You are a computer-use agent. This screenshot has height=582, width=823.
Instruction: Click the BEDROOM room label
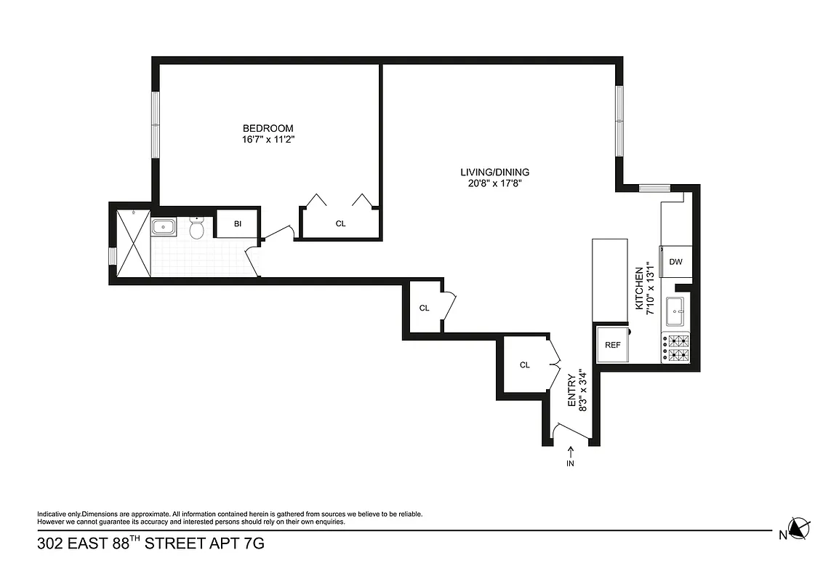tap(268, 129)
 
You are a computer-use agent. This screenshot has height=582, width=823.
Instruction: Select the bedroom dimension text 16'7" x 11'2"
tap(268, 140)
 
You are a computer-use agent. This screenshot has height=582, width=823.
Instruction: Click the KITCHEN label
tap(640, 288)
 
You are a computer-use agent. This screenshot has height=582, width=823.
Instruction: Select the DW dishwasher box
tap(675, 262)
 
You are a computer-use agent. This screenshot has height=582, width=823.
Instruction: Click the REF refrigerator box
tap(613, 345)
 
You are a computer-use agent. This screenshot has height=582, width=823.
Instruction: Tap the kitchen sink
tap(676, 311)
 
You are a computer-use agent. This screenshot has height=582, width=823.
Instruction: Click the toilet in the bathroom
tap(196, 229)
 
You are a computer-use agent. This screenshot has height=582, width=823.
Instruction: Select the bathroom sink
tap(165, 227)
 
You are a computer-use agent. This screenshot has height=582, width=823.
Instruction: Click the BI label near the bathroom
tap(237, 224)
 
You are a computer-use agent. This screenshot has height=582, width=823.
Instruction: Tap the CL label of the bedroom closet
tap(340, 224)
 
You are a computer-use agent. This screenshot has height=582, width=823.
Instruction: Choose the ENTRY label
tap(572, 391)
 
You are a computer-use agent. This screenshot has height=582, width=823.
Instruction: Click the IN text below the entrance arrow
tap(570, 463)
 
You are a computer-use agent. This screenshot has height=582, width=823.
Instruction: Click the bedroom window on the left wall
tap(156, 123)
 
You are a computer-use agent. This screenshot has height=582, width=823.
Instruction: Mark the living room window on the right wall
tap(619, 121)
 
